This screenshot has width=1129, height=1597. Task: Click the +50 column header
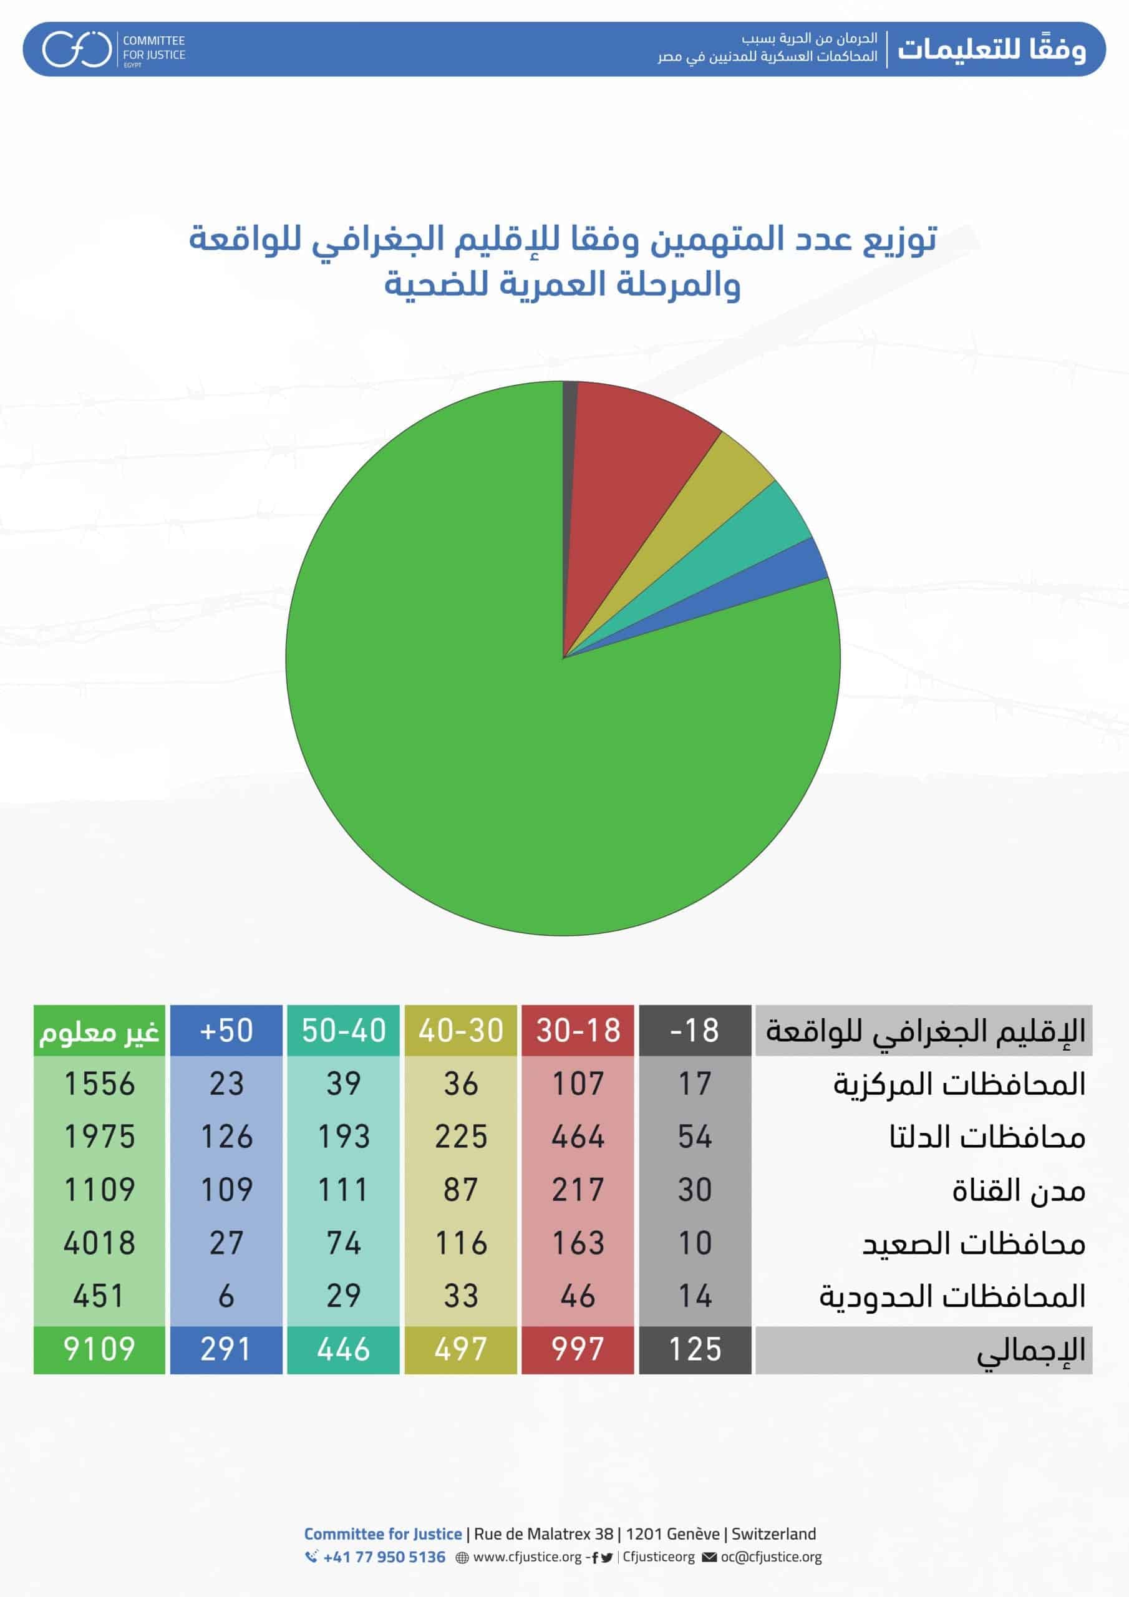click(226, 1030)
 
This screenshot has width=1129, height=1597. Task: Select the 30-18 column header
click(578, 1030)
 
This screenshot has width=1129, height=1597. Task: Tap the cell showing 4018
click(99, 1243)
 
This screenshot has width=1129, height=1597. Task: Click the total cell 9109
click(99, 1349)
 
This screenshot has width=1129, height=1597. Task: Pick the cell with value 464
click(578, 1137)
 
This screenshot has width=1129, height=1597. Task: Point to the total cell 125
click(695, 1349)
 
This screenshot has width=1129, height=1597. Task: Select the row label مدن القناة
click(1019, 1191)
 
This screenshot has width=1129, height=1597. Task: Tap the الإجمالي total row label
click(1031, 1349)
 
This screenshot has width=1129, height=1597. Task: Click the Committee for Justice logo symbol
click(77, 49)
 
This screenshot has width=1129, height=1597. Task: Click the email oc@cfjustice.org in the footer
click(771, 1556)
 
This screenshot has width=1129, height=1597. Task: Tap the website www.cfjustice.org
click(526, 1556)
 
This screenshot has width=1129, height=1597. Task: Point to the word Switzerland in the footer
click(773, 1534)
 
